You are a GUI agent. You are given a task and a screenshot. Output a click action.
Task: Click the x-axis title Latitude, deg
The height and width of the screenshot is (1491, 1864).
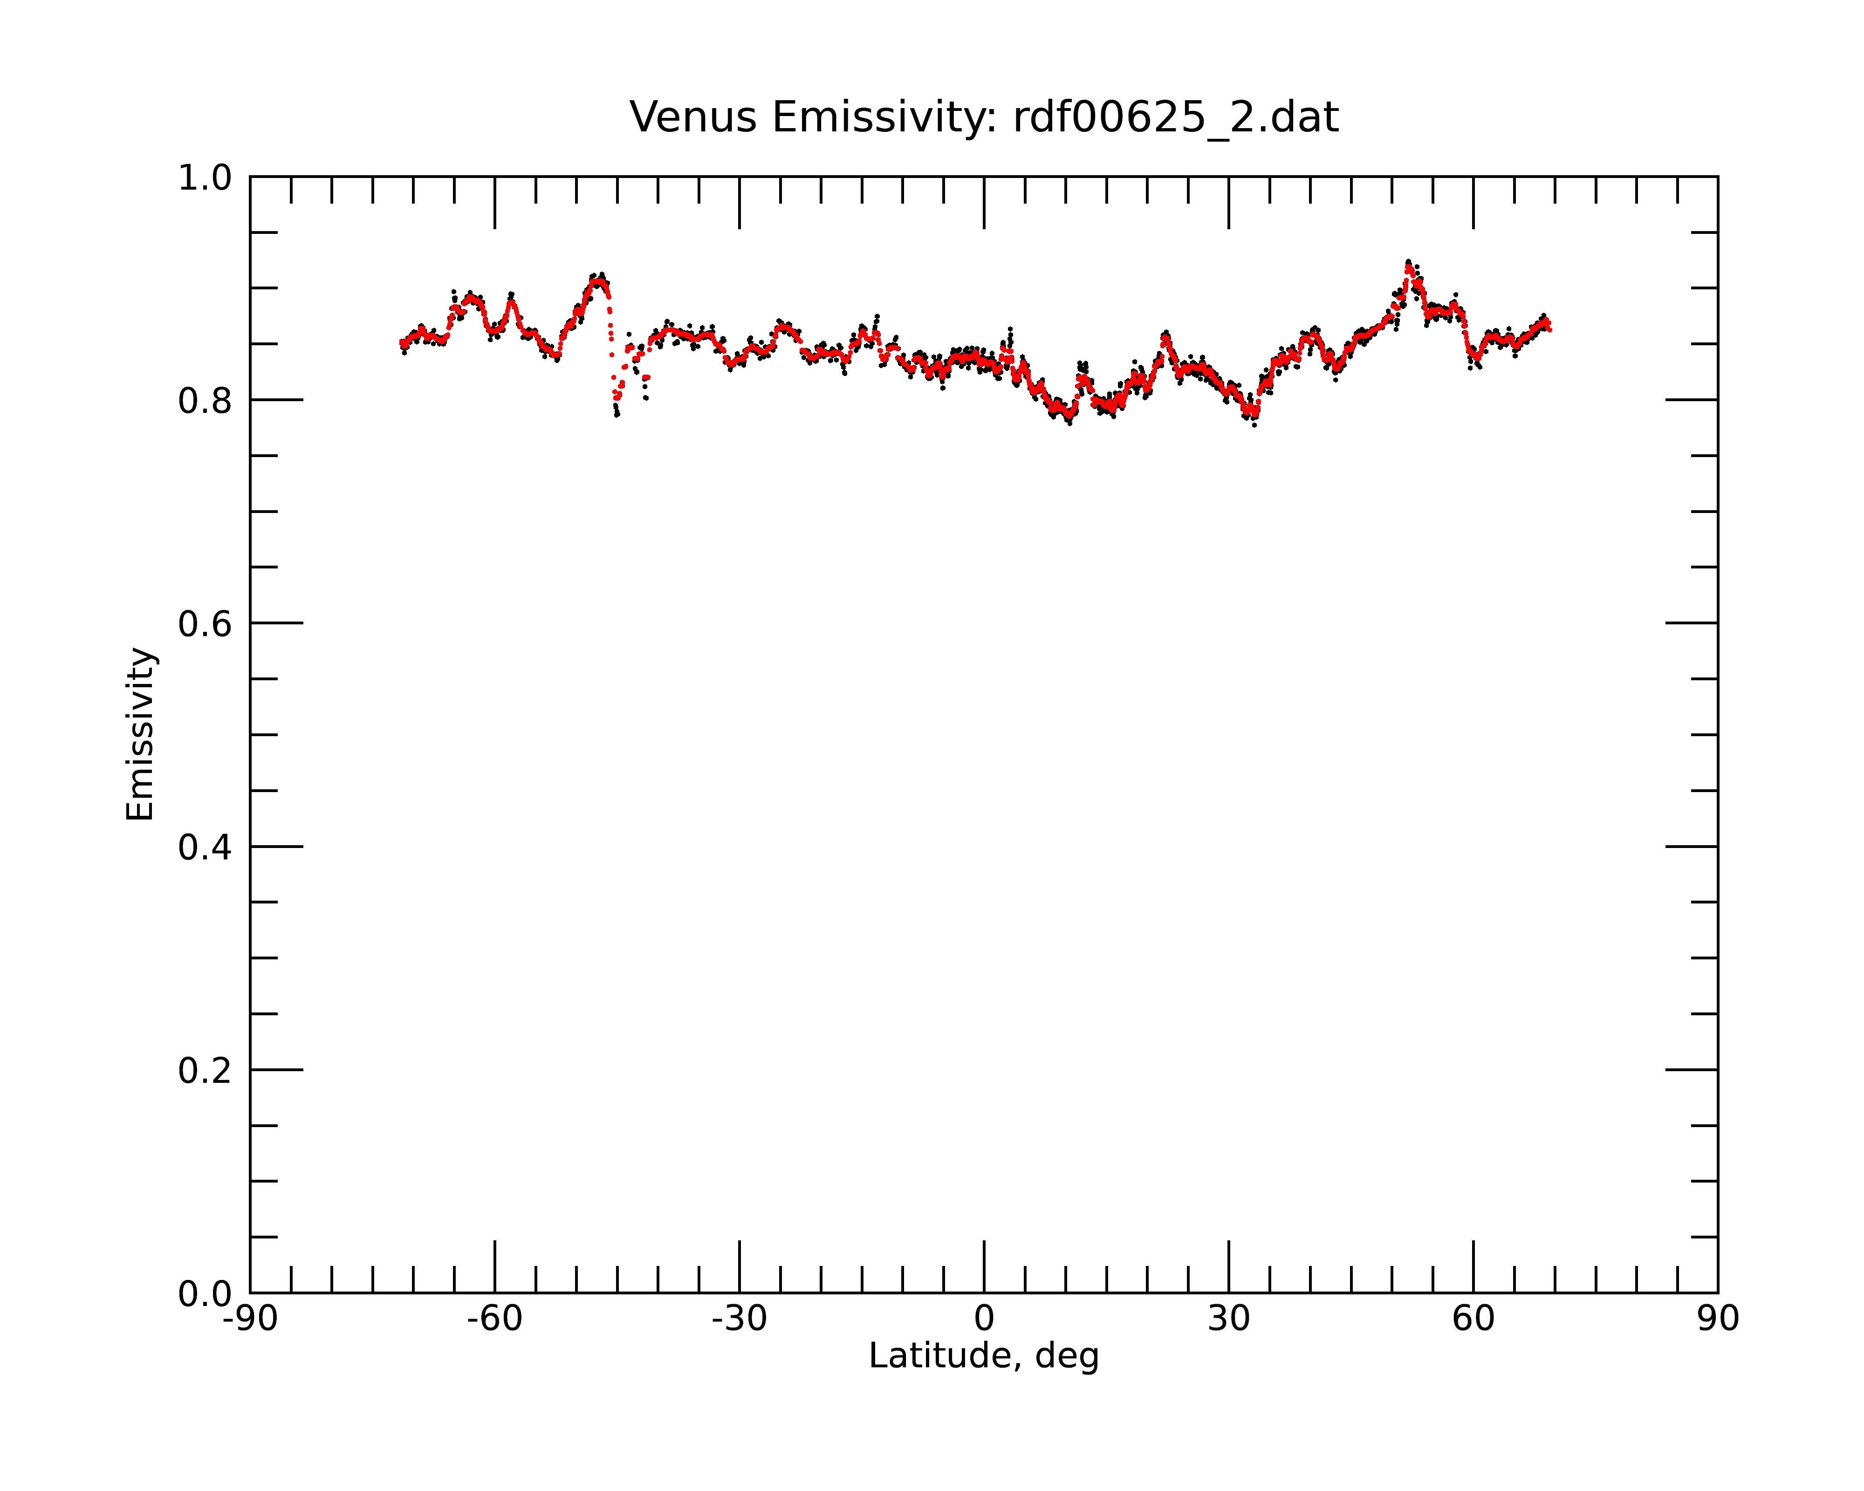[x=984, y=1356]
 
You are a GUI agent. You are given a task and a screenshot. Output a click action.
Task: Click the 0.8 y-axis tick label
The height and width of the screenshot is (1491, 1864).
[x=205, y=401]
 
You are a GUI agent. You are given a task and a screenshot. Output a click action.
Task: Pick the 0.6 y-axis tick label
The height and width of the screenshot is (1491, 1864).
[x=205, y=624]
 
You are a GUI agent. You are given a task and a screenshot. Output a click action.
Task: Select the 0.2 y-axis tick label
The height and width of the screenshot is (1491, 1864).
[x=205, y=1071]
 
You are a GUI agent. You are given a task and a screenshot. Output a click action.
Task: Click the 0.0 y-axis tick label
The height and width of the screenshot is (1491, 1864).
[x=205, y=1294]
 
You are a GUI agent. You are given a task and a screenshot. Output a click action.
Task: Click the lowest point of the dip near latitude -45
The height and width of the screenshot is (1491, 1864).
[x=617, y=414]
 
